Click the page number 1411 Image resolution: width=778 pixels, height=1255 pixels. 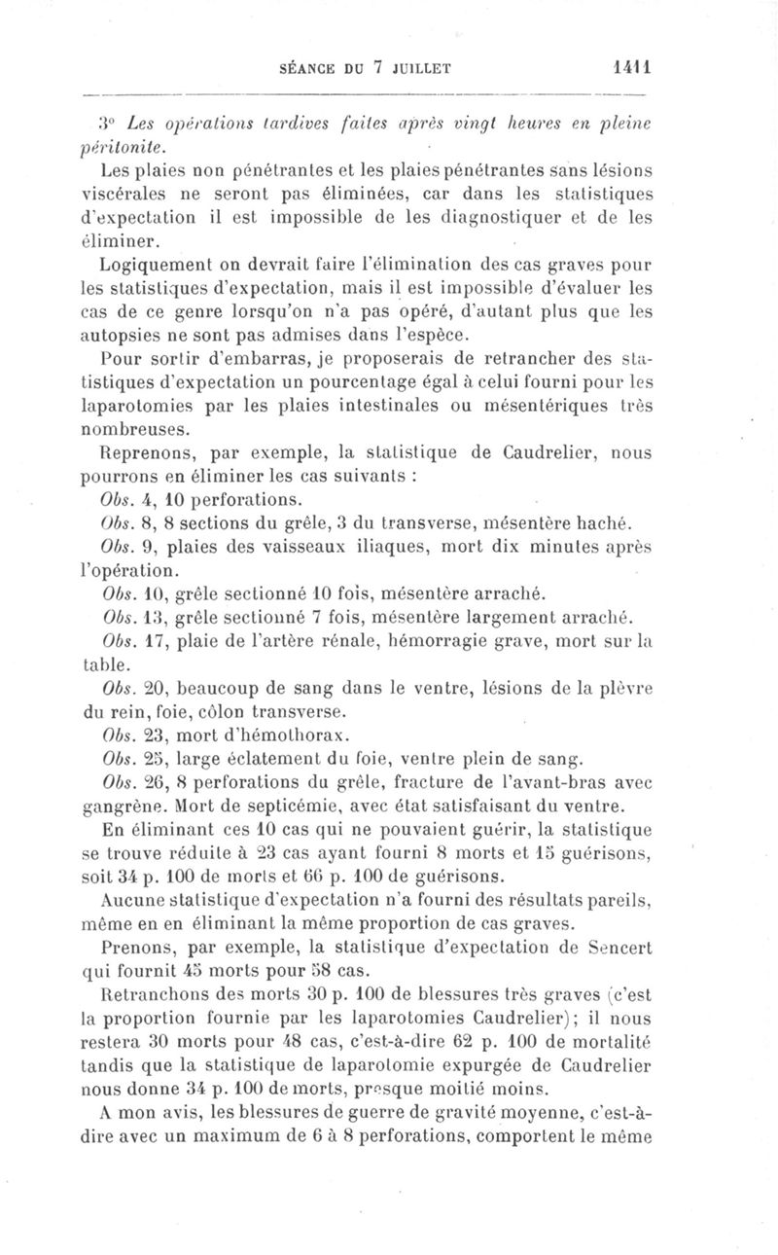pyautogui.click(x=631, y=69)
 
